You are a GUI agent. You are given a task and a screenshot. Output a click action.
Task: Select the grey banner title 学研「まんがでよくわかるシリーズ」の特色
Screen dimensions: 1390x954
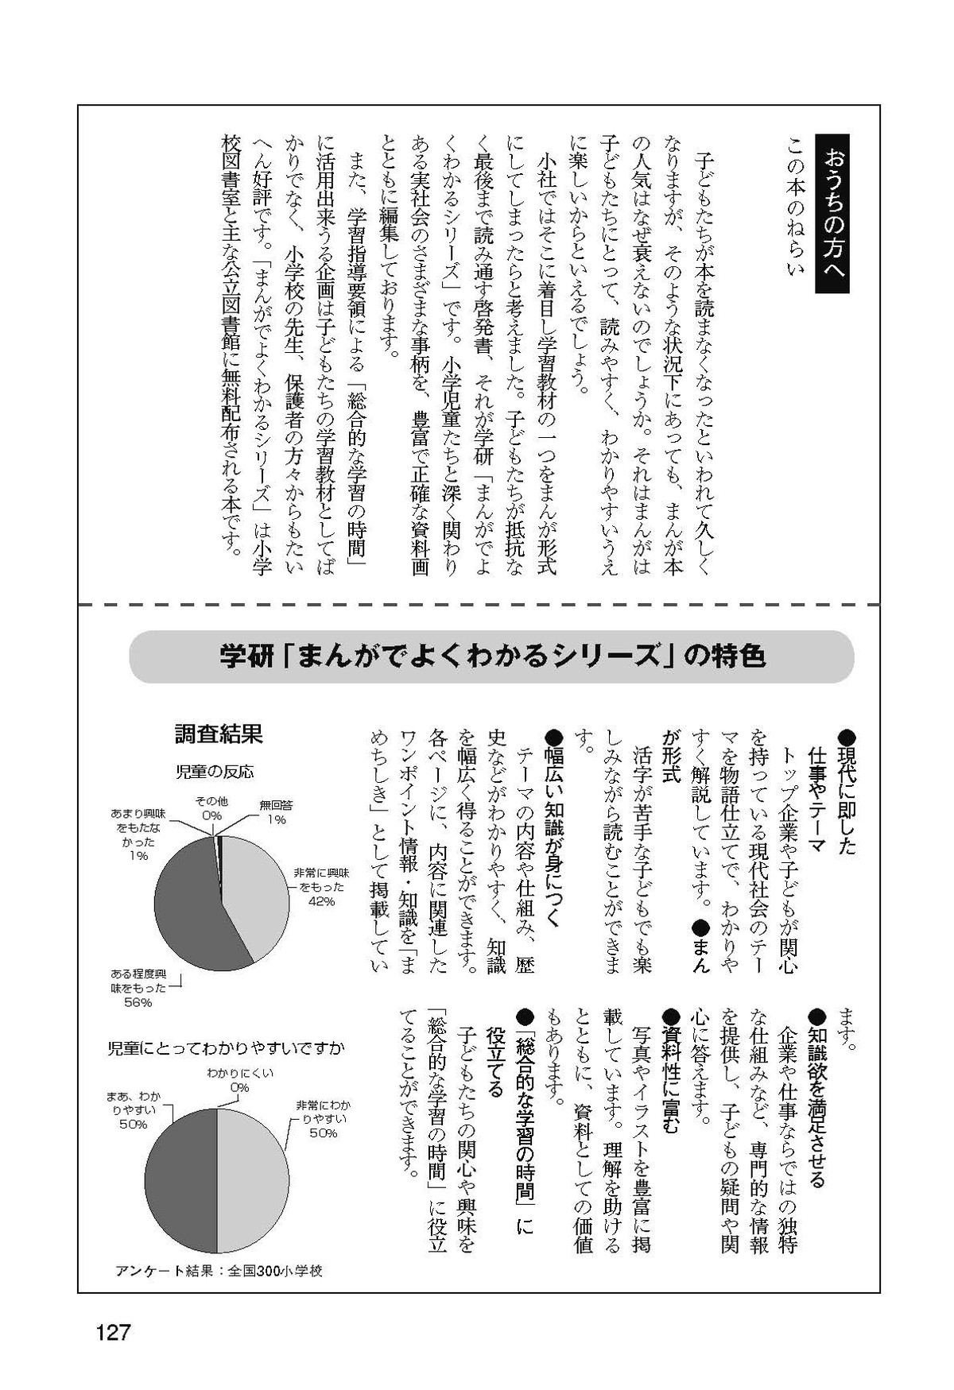[492, 657]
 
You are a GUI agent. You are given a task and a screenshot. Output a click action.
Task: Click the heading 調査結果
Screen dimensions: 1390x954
[218, 734]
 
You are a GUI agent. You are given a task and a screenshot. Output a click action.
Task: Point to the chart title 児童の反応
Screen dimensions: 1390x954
[214, 772]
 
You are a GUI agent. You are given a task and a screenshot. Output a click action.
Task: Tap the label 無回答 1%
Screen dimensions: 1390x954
[276, 812]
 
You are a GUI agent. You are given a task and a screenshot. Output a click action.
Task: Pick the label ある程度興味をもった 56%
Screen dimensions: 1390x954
[138, 989]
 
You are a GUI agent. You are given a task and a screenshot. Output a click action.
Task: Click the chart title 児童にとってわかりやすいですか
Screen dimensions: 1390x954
[226, 1048]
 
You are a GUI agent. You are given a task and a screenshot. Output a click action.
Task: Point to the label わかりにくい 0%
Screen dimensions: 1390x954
[240, 1079]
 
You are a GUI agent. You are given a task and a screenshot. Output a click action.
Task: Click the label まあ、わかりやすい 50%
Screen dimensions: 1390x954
[132, 1110]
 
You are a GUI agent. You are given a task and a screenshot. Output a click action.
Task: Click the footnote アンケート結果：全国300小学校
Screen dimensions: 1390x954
[219, 1271]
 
